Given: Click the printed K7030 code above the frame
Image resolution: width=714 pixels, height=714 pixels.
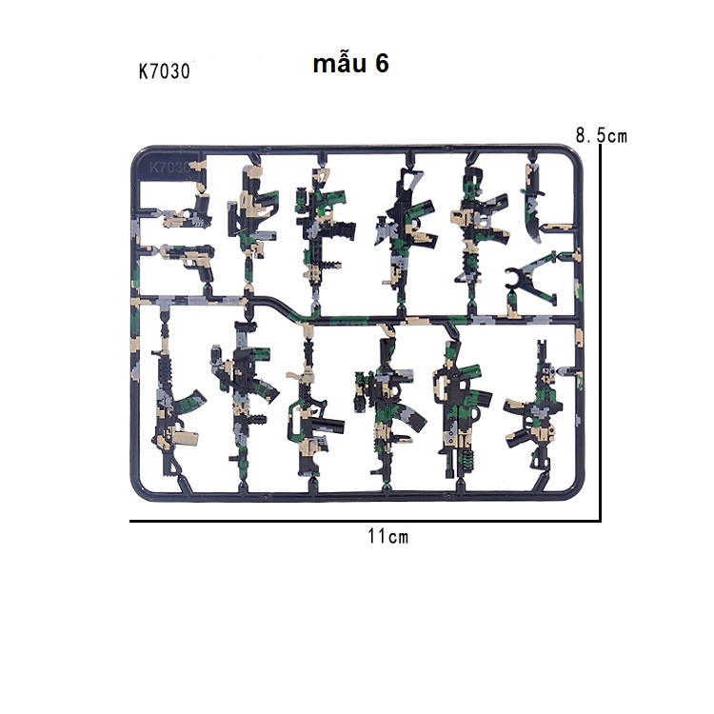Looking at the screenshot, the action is pyautogui.click(x=165, y=71).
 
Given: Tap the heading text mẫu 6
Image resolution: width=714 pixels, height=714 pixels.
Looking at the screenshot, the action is pyautogui.click(x=350, y=63).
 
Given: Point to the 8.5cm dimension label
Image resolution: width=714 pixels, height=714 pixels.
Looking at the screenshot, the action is pyautogui.click(x=601, y=136).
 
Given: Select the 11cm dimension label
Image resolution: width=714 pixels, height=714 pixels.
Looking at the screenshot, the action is pyautogui.click(x=388, y=536).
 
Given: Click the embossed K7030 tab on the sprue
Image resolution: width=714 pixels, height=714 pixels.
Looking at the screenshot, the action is pyautogui.click(x=169, y=168).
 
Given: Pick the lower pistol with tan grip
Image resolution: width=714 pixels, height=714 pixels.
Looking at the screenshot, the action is pyautogui.click(x=189, y=261).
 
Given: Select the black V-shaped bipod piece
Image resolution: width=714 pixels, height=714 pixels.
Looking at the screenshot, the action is pyautogui.click(x=529, y=279).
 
